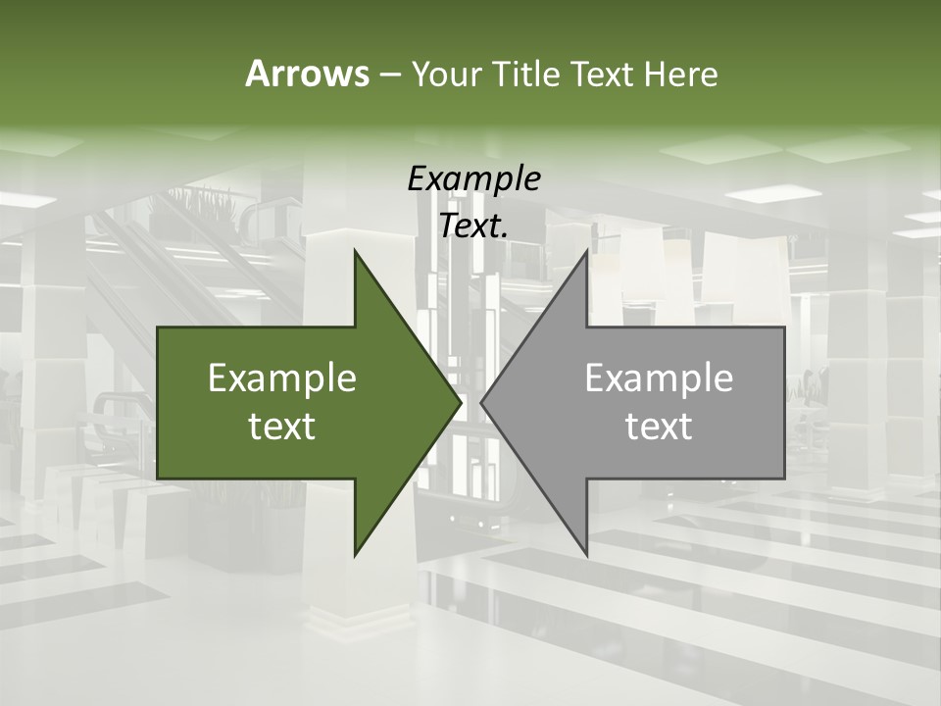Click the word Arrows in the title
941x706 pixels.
point(306,74)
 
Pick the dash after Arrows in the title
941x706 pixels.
point(389,75)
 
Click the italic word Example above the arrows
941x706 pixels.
point(473,178)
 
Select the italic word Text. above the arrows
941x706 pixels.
point(473,226)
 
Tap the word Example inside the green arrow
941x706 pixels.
point(282,378)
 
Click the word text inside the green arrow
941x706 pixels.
point(282,427)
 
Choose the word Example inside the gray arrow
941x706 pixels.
point(659,378)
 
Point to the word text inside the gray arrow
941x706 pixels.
point(659,427)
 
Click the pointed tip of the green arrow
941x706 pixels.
point(461,402)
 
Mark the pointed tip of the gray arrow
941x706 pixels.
point(481,402)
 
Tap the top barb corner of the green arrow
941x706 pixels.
point(355,250)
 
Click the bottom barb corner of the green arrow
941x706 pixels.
point(355,555)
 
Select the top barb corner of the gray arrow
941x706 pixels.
point(587,250)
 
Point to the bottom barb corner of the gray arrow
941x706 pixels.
point(587,555)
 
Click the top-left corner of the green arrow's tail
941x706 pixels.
point(158,328)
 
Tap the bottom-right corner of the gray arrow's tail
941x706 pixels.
point(784,479)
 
